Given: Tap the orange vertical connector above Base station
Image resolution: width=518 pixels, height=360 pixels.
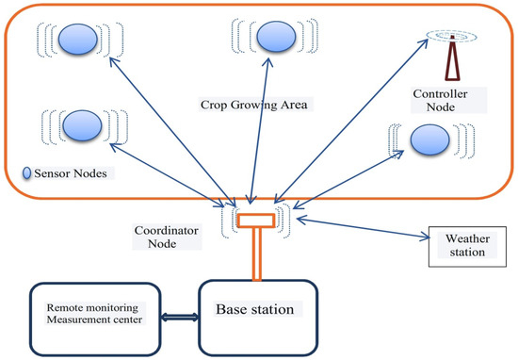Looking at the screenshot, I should pyautogui.click(x=255, y=253).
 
